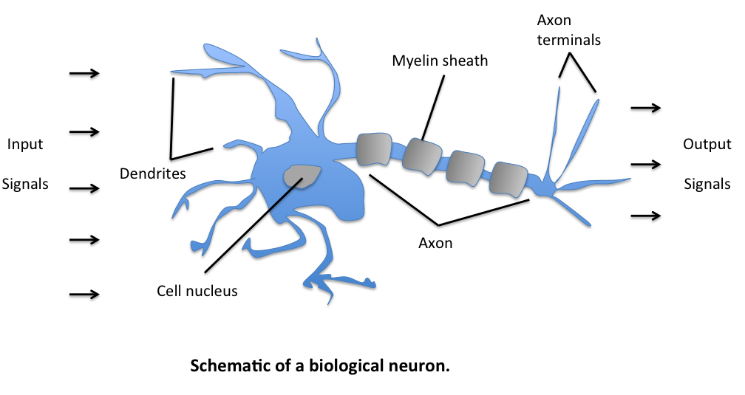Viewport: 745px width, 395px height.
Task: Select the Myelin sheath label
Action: tap(440, 61)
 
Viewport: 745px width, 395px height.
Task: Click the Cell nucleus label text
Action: tap(197, 291)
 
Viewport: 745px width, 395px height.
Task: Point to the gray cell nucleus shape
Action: tap(302, 176)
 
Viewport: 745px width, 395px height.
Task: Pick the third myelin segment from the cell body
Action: tap(466, 168)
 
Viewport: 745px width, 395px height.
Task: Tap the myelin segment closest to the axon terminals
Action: tap(509, 178)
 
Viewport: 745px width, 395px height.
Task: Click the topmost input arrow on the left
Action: tap(84, 73)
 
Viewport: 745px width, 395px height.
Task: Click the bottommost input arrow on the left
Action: tap(84, 294)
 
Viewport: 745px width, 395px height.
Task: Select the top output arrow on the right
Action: tap(645, 108)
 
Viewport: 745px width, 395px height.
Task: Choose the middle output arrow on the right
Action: tap(645, 163)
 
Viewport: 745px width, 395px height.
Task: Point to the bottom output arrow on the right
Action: tap(645, 215)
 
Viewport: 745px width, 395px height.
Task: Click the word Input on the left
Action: tap(25, 145)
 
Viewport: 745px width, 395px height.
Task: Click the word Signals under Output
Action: tap(707, 184)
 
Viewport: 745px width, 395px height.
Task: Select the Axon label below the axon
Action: tap(435, 243)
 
